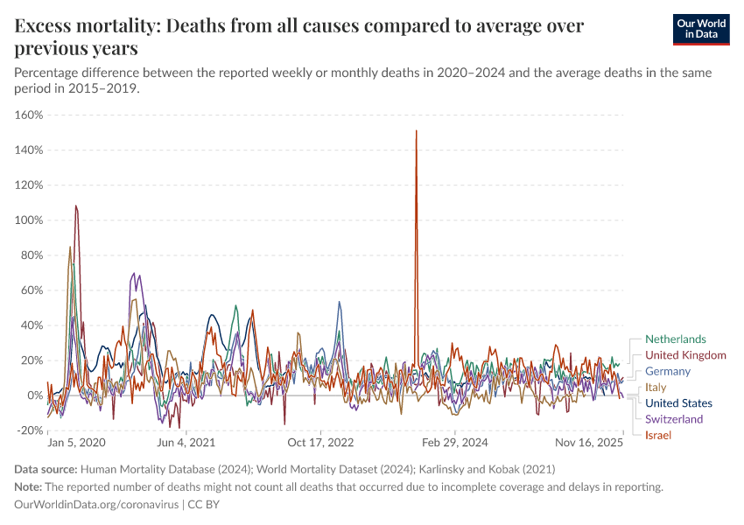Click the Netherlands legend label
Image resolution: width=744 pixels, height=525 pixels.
675,339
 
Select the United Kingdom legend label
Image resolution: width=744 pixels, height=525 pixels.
685,355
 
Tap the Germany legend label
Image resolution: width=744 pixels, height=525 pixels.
668,371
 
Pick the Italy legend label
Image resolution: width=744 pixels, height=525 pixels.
656,388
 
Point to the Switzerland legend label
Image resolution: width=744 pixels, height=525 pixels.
674,419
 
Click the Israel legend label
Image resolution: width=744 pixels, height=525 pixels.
658,435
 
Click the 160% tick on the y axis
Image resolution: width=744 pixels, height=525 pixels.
29,115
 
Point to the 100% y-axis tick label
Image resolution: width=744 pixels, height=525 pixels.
29,220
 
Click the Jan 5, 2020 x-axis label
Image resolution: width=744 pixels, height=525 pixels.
76,444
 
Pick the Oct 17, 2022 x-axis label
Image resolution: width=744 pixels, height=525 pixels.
321,444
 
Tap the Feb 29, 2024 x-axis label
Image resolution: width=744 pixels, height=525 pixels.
457,444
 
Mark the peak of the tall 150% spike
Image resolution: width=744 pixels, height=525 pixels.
416,131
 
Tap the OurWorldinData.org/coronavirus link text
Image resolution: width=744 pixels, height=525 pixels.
96,505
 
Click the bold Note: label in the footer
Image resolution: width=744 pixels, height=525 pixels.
28,486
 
